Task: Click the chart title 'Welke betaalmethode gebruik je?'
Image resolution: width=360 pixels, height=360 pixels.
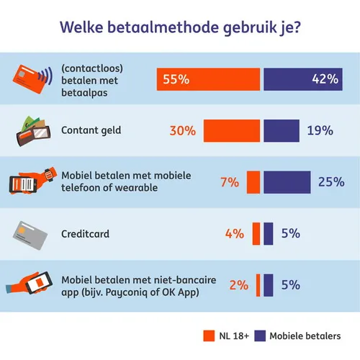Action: click(180, 28)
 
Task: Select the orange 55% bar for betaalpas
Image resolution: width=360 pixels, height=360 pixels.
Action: click(208, 79)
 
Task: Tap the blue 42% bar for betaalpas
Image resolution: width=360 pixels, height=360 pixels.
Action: click(302, 79)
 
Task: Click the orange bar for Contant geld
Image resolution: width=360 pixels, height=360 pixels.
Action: click(231, 131)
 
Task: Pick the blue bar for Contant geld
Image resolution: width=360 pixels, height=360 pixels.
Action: click(282, 131)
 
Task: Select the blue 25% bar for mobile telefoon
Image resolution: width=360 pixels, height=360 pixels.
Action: click(287, 182)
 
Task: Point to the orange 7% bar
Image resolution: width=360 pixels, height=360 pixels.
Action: click(253, 182)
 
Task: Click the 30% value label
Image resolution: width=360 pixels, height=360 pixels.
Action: click(184, 131)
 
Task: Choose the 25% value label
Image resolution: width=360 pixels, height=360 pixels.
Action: click(330, 182)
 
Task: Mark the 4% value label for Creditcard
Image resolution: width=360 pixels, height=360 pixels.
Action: click(235, 233)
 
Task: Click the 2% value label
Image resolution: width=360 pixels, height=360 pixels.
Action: click(238, 284)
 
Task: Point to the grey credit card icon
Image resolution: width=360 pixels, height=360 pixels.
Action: click(32, 233)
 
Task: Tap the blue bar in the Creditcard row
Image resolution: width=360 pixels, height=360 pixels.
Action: click(269, 233)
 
